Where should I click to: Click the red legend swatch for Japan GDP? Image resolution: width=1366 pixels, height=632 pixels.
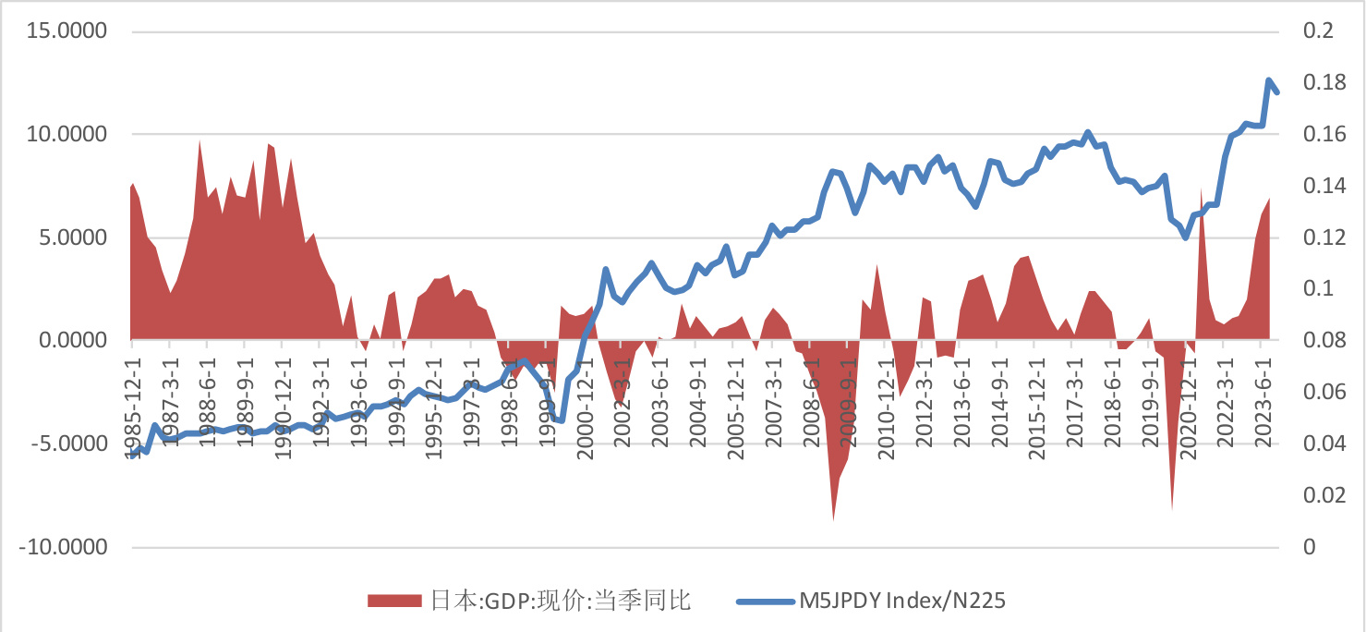coord(393,602)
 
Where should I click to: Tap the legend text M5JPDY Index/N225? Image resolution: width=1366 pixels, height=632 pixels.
coord(901,602)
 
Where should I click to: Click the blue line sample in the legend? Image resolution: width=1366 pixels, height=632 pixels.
coord(763,602)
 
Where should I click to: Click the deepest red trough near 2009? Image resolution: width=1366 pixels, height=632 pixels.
coord(833,519)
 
